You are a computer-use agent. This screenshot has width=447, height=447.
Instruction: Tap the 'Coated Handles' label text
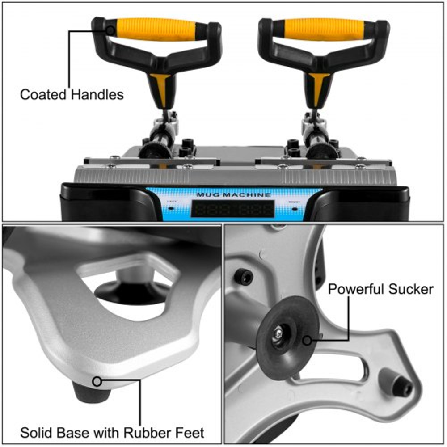point(72,95)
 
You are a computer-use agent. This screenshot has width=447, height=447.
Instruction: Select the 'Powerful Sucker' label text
point(380,289)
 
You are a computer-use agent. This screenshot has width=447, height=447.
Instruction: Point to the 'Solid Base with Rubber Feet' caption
point(112,433)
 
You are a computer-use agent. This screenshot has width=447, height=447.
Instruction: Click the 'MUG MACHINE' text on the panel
point(233,195)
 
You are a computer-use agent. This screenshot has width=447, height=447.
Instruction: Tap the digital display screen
point(232,208)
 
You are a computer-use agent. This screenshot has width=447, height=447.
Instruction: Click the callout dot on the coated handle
point(110,30)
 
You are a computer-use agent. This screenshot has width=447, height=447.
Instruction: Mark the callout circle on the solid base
point(97,381)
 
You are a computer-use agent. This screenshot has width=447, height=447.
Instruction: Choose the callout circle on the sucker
point(307,341)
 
